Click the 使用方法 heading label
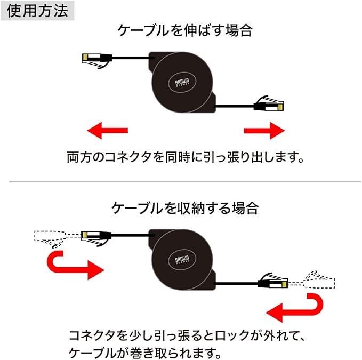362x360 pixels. (x=37, y=11)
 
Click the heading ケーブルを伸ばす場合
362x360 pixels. (x=185, y=30)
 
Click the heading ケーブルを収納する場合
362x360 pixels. (x=185, y=208)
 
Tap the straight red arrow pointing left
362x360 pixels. (x=107, y=131)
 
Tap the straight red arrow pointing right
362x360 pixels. (x=264, y=131)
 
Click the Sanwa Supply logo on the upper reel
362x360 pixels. (x=182, y=83)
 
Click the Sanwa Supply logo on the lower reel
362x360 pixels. (x=182, y=260)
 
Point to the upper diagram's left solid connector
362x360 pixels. (x=97, y=60)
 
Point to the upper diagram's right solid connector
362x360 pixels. (x=269, y=103)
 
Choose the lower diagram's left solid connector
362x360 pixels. (x=96, y=238)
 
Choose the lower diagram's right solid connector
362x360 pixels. (x=273, y=281)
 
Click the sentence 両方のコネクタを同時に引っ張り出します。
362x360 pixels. (x=185, y=157)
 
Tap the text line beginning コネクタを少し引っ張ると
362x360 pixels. (x=187, y=335)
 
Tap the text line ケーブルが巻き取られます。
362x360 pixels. (x=144, y=353)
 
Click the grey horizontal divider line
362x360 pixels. (x=185, y=182)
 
